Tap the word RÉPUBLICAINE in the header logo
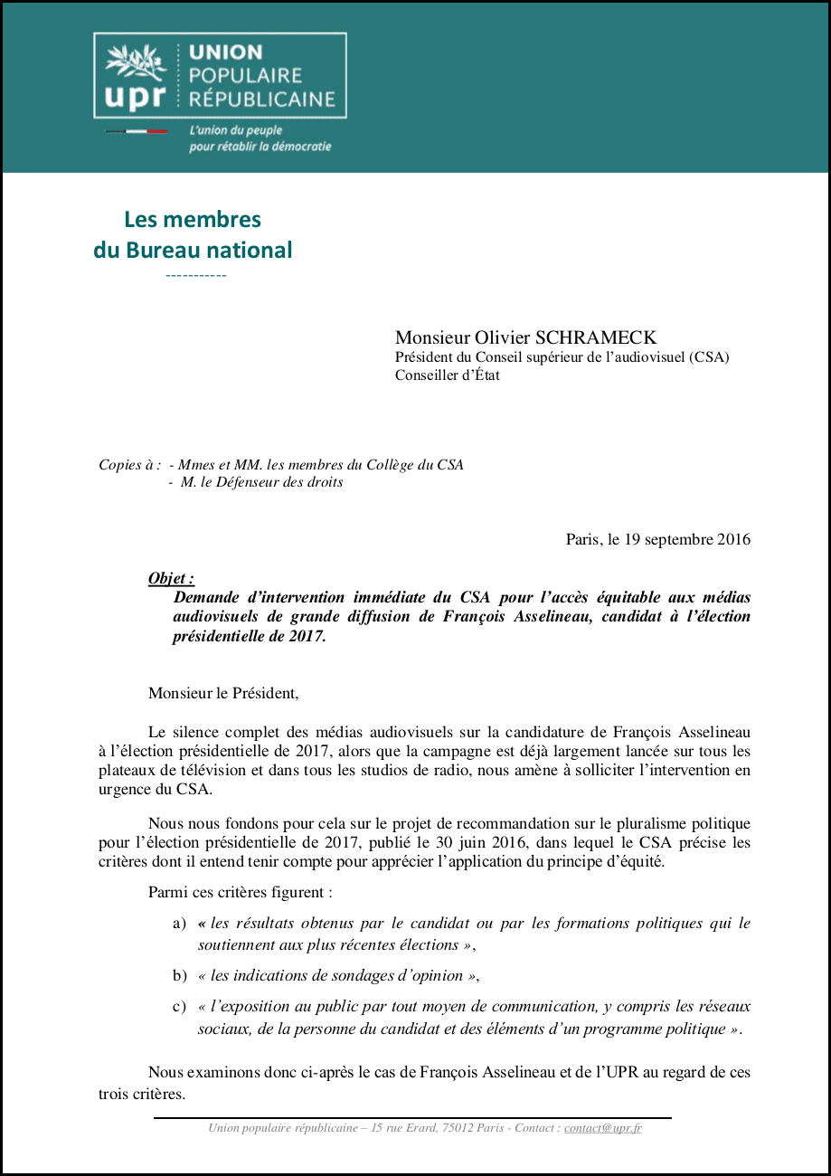click(262, 100)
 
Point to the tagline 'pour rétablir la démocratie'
click(260, 147)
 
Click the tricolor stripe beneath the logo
click(137, 132)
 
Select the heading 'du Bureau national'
click(193, 250)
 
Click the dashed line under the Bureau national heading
click(196, 275)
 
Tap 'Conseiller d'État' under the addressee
click(447, 375)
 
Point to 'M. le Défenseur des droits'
click(261, 482)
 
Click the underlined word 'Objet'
click(169, 579)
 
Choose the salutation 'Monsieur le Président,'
click(222, 694)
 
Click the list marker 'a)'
click(180, 924)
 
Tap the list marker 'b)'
click(180, 976)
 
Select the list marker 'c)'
click(180, 1007)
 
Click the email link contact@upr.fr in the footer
click(602, 1128)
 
